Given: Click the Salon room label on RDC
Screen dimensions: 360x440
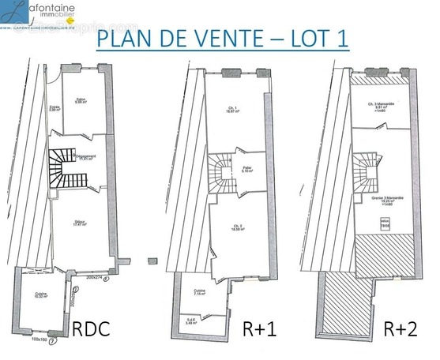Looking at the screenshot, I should coord(79,99).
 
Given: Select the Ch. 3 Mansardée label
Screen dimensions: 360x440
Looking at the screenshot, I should coord(380,108).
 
